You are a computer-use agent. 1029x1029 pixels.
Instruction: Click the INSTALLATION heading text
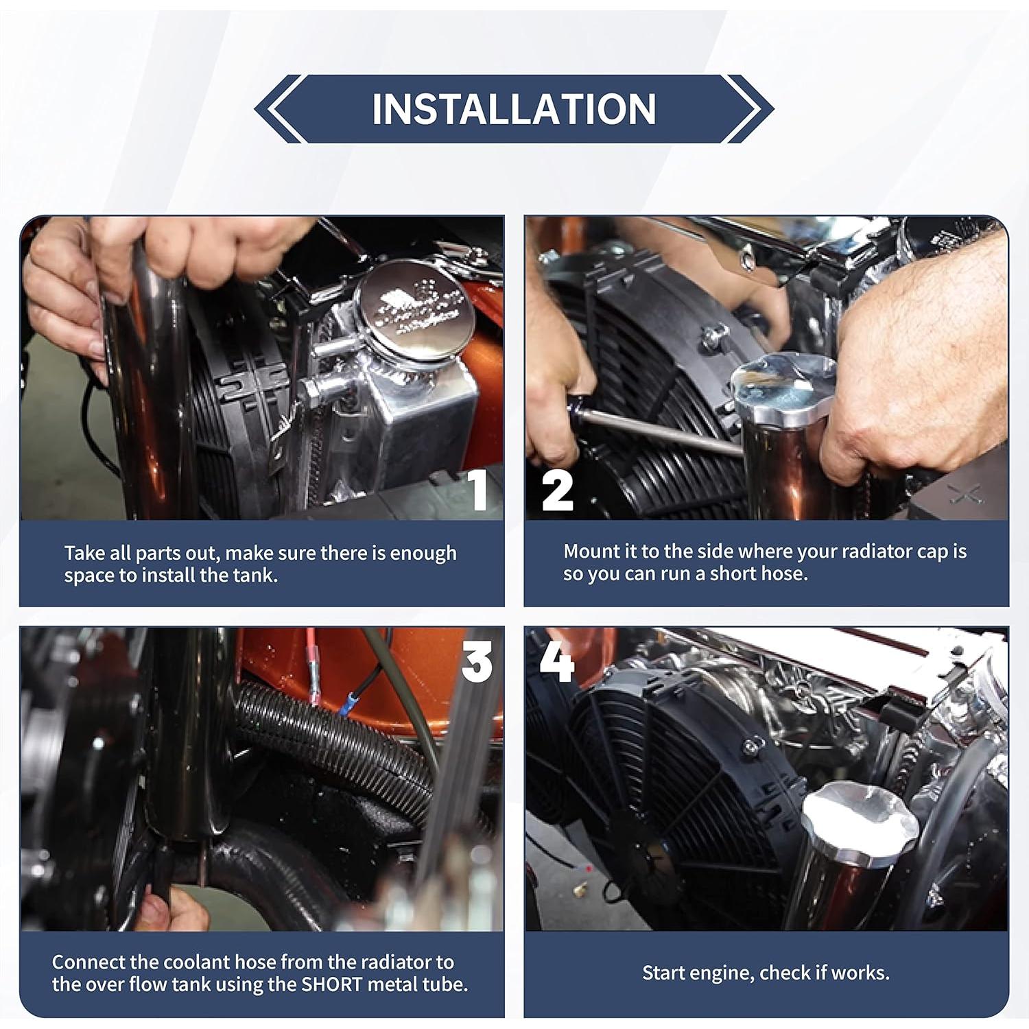(x=514, y=109)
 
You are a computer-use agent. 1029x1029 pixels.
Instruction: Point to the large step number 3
(x=477, y=662)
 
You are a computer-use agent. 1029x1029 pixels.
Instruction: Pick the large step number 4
(x=556, y=662)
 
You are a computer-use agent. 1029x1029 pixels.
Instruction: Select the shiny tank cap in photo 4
(x=860, y=823)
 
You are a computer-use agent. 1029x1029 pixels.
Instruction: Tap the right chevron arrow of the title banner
(x=748, y=109)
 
